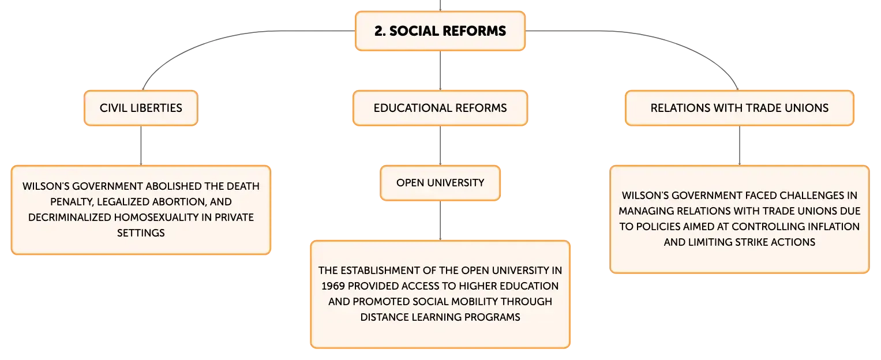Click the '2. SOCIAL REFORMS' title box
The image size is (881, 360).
440,31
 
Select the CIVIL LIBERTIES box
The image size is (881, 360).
141,108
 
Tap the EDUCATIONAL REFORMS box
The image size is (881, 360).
440,108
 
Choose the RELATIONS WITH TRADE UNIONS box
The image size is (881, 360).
740,108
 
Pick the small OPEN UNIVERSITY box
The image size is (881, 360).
440,183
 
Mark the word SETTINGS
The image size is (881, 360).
141,233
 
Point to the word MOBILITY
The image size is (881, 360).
468,302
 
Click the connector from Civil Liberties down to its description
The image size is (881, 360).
141,145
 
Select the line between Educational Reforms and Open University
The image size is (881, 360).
440,145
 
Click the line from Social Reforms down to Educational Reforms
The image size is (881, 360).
440,71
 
